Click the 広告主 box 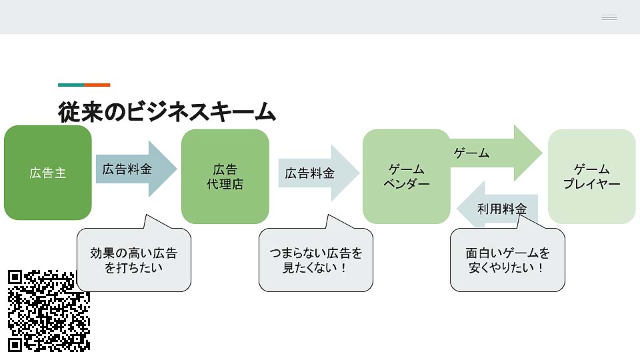[47, 173]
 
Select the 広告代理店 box [225, 177]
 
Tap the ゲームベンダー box [406, 177]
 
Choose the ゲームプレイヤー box [591, 177]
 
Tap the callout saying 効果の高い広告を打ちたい [133, 261]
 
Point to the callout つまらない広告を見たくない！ [316, 261]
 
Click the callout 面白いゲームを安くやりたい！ [507, 261]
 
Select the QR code [49, 311]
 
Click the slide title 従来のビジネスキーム [167, 111]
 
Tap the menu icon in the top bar [609, 17]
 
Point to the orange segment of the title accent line [97, 85]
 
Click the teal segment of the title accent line [71, 85]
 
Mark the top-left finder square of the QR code [15, 277]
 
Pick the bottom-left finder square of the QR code [15, 344]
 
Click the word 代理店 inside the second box [225, 185]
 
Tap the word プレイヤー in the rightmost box [591, 185]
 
